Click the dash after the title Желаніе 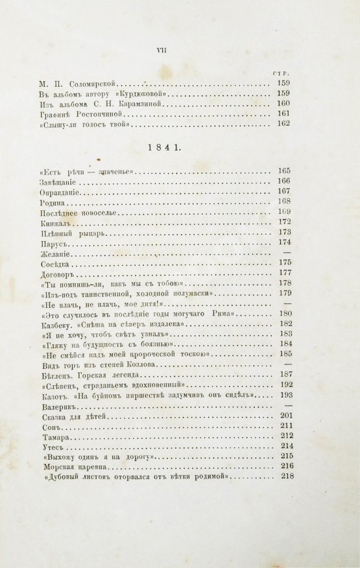[286, 255]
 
